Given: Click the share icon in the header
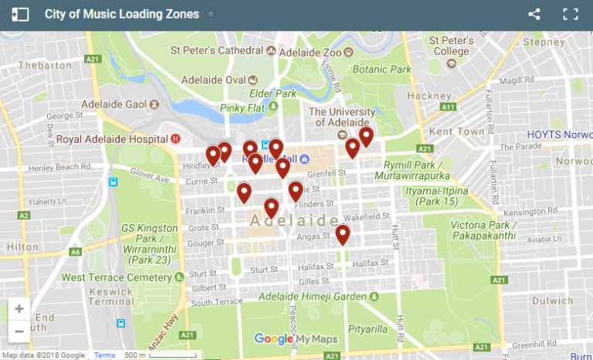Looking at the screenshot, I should coord(534,14).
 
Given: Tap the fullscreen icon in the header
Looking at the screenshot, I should coord(571,14).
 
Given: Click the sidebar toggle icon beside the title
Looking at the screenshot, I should coord(20,14).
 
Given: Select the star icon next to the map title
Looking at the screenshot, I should coord(211,14).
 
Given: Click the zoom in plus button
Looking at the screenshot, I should coord(19,309).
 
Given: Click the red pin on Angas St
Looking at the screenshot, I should coord(343,233).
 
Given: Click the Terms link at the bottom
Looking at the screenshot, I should coord(104,355).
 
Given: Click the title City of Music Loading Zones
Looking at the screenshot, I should coord(121,14).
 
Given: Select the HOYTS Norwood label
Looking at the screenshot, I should coord(559,134).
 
